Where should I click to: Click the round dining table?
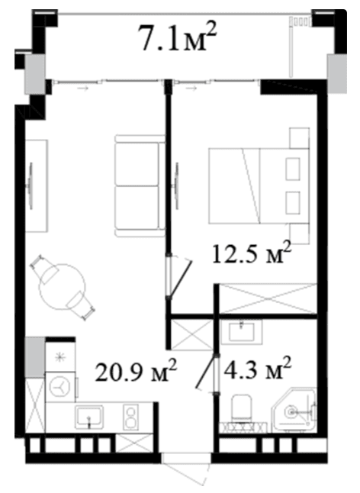pyautogui.click(x=63, y=287)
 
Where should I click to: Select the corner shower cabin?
pyautogui.click(x=294, y=409)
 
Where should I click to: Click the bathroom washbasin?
pyautogui.click(x=241, y=332)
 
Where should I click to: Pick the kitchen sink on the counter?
pyautogui.click(x=89, y=417)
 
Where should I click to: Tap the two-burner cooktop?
pyautogui.click(x=130, y=417)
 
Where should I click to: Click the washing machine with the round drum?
pyautogui.click(x=60, y=387)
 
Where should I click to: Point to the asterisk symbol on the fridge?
pyautogui.click(x=59, y=357)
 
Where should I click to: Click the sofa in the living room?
pyautogui.click(x=140, y=185)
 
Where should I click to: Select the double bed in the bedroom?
pyautogui.click(x=259, y=186)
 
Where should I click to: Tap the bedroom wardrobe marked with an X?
pyautogui.click(x=268, y=298)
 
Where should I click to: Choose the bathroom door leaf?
pyautogui.click(x=207, y=371)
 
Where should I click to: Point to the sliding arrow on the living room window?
pyautogui.click(x=83, y=89)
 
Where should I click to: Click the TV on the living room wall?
pyautogui.click(x=31, y=185)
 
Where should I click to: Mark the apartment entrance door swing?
pyautogui.click(x=186, y=472)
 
